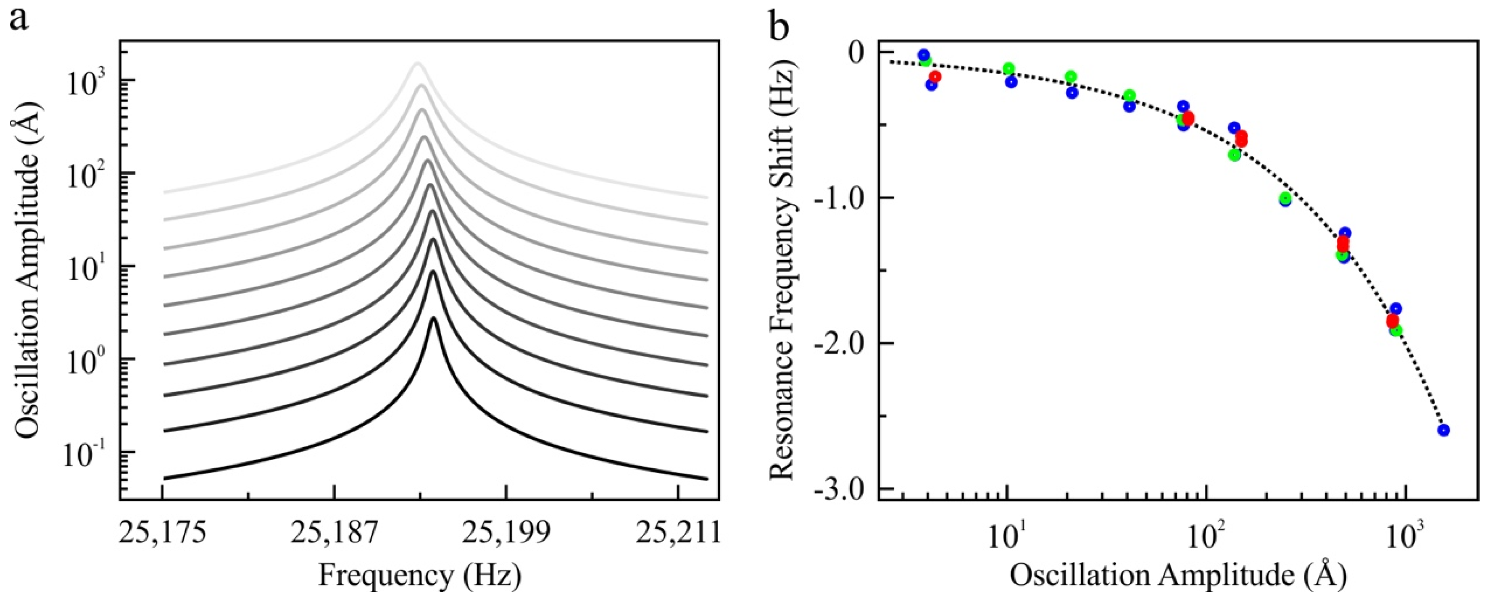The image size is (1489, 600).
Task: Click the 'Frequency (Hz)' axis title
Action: click(x=420, y=576)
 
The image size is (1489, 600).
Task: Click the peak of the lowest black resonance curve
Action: click(x=433, y=318)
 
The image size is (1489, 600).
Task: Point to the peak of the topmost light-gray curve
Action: click(x=417, y=63)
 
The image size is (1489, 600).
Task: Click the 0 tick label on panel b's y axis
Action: click(x=855, y=53)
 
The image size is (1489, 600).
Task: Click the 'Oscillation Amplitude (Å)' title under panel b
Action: click(x=1179, y=576)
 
